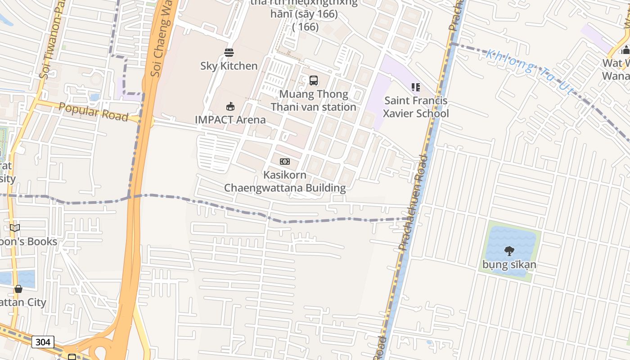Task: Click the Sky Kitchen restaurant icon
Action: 229,53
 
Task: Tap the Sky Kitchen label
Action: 229,66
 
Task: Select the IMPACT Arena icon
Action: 230,107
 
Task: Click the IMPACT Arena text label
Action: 230,120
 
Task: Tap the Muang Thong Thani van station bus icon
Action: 314,81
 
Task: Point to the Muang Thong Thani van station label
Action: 314,100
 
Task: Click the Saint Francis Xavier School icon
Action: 415,87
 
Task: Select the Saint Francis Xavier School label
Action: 415,107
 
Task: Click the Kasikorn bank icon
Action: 285,162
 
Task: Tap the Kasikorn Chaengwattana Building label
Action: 285,181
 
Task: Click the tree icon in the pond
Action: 509,251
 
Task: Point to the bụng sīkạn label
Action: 509,264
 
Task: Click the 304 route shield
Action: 43,342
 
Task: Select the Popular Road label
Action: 94,111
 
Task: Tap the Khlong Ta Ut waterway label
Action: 530,72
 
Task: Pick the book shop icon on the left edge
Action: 15,228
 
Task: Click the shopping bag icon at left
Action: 18,289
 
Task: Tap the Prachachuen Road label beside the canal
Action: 410,202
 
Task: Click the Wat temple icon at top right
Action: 625,49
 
